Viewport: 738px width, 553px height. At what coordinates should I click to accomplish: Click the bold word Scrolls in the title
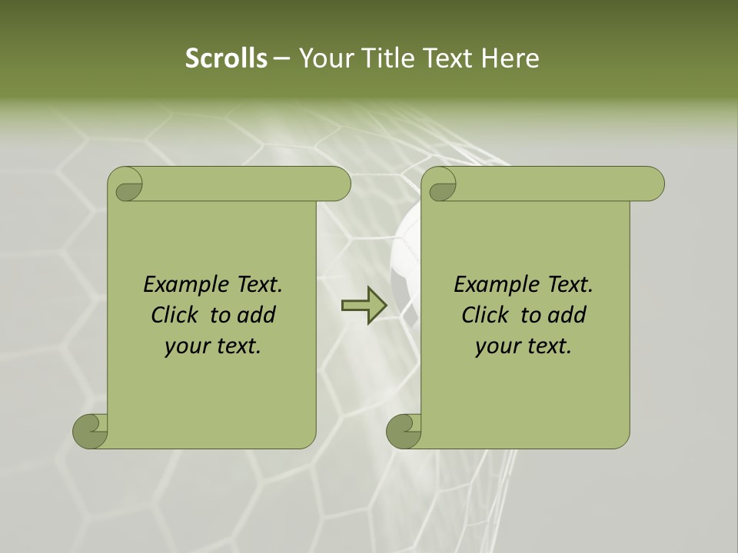click(226, 58)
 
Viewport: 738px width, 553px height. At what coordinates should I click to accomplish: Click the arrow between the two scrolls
click(364, 306)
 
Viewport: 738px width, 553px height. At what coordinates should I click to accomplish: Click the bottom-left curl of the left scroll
click(91, 431)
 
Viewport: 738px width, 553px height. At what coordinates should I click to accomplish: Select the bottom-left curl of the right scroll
click(404, 431)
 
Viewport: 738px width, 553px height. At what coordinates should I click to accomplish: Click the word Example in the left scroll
click(184, 285)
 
